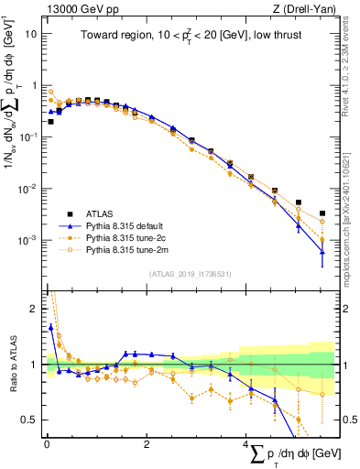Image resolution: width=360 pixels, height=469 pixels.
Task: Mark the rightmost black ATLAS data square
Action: (x=322, y=213)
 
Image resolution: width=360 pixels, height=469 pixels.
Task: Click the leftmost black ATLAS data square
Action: (x=51, y=121)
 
